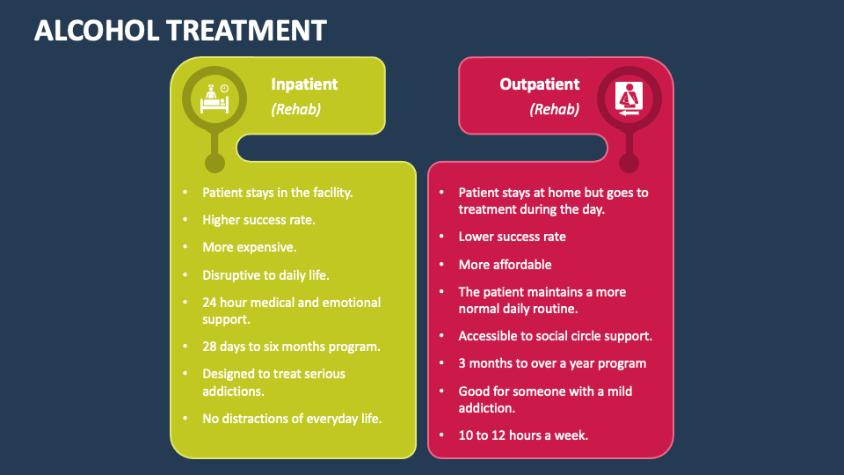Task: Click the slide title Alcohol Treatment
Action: click(179, 31)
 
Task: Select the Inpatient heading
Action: click(304, 84)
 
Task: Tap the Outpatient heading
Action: click(540, 84)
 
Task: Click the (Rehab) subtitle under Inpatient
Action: click(295, 110)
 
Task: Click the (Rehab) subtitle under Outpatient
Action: click(554, 110)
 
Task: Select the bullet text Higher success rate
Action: click(258, 220)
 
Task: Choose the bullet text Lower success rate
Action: click(512, 237)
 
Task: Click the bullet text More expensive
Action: click(249, 247)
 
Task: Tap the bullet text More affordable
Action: click(505, 265)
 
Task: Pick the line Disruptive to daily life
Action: click(266, 275)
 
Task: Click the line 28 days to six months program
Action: click(291, 347)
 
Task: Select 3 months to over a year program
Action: click(552, 363)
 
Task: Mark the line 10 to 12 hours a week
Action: click(523, 435)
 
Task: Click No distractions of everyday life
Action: click(292, 419)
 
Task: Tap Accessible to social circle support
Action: click(555, 336)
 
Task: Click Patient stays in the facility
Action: click(277, 192)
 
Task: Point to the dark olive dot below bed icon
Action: click(215, 163)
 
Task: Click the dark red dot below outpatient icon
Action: click(629, 163)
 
